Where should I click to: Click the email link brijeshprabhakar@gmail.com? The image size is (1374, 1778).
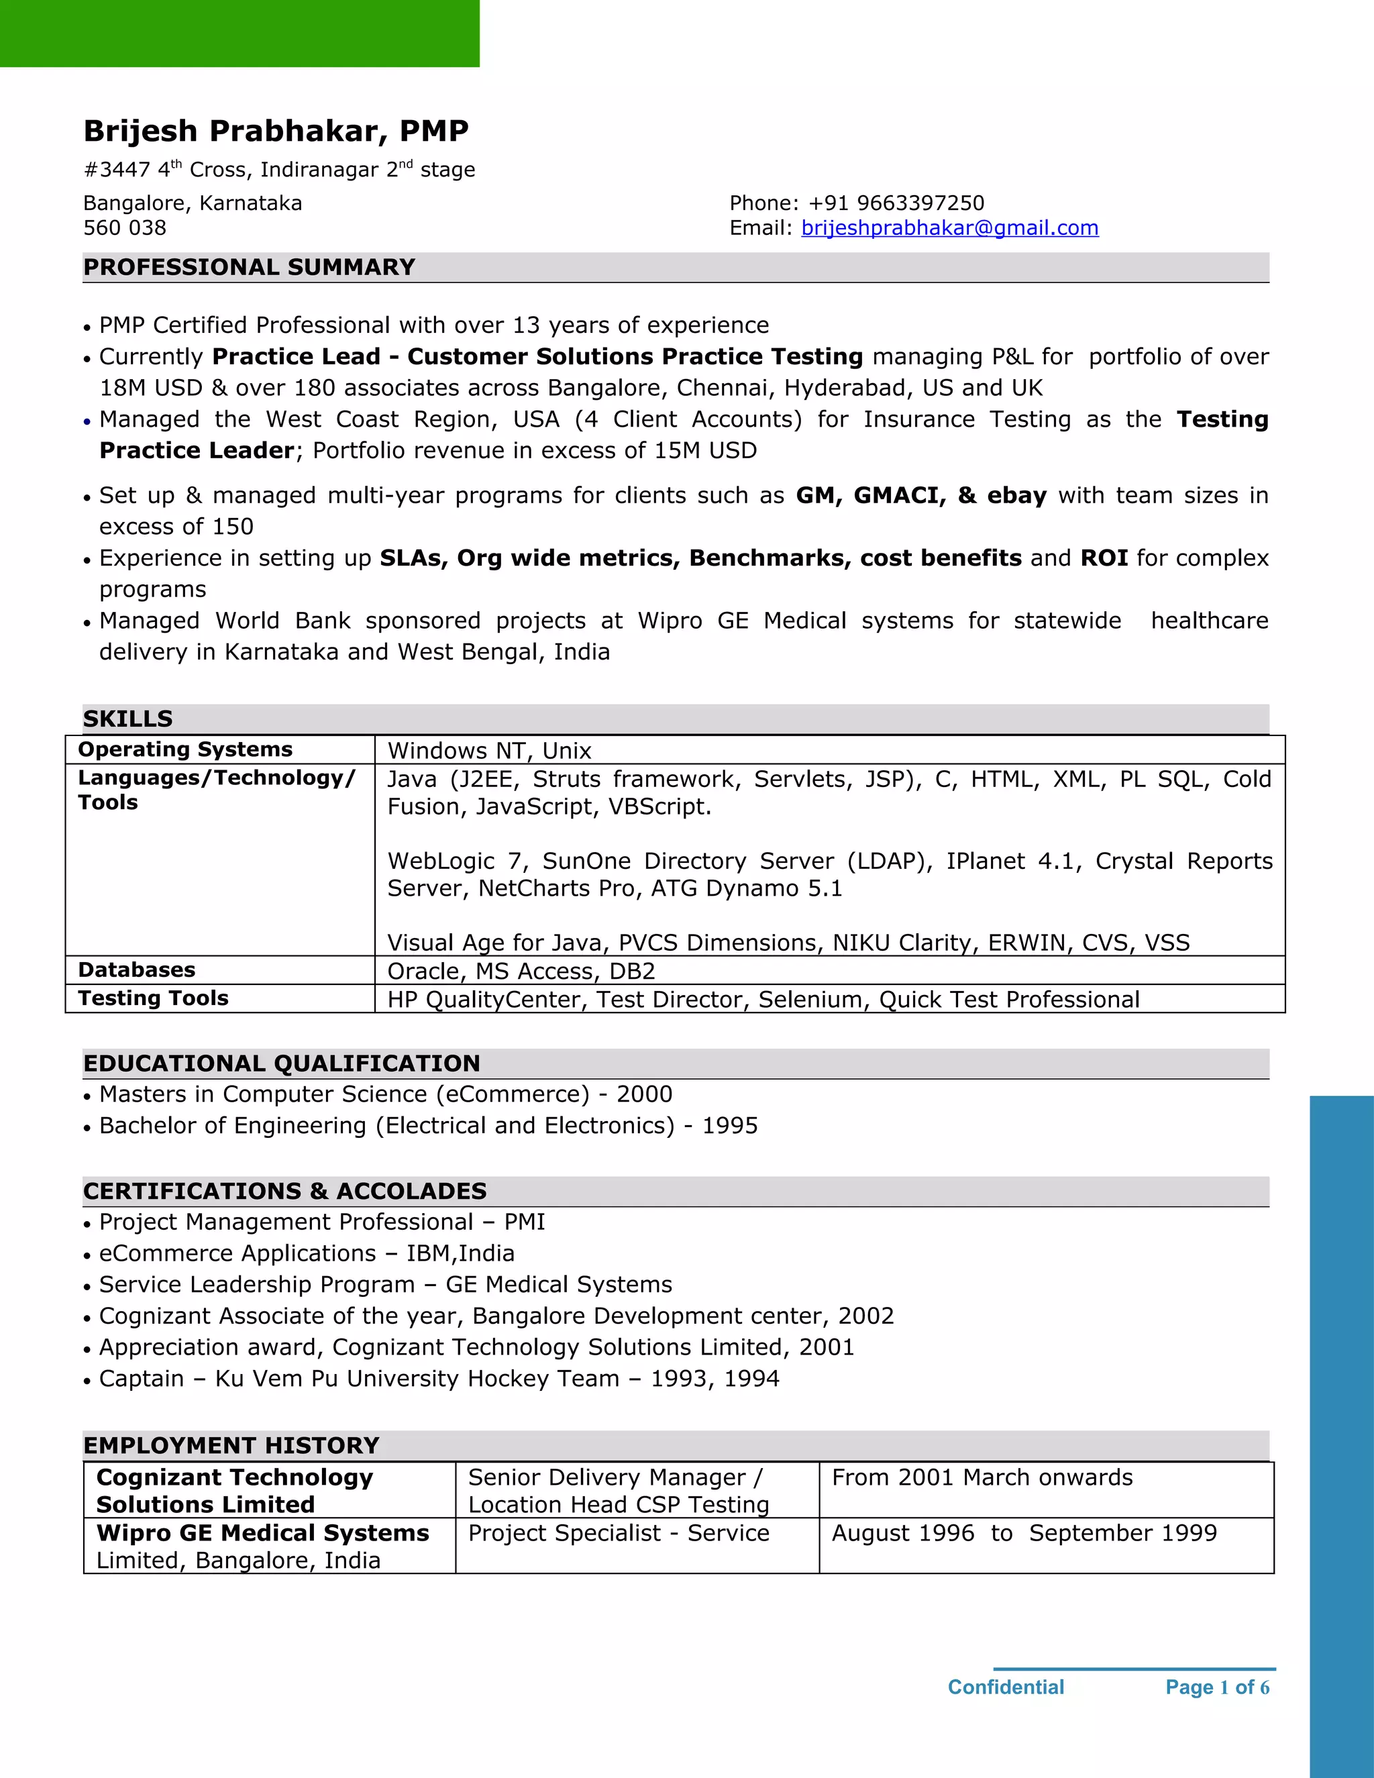(949, 228)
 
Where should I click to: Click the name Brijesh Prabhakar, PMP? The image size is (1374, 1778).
(276, 131)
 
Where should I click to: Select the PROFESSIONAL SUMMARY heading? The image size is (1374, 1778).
(249, 267)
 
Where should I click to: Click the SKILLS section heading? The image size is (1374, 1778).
(127, 719)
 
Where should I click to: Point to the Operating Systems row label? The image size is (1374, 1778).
(184, 749)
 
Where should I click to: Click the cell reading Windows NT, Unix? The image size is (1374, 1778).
(489, 751)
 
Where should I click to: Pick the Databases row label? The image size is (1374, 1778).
(136, 970)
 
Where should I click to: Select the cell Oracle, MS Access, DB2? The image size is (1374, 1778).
(521, 972)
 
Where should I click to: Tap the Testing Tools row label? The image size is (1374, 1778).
(153, 998)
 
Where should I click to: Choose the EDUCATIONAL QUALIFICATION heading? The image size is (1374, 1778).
(282, 1063)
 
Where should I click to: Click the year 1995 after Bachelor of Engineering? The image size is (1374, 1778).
(729, 1126)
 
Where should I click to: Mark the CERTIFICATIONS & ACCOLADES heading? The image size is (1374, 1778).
(285, 1191)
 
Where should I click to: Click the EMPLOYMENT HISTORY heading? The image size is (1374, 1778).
(231, 1445)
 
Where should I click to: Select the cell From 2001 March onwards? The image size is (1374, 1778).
(982, 1477)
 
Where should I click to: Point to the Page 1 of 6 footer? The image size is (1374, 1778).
(1217, 1687)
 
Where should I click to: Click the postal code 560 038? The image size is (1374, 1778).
(125, 228)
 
